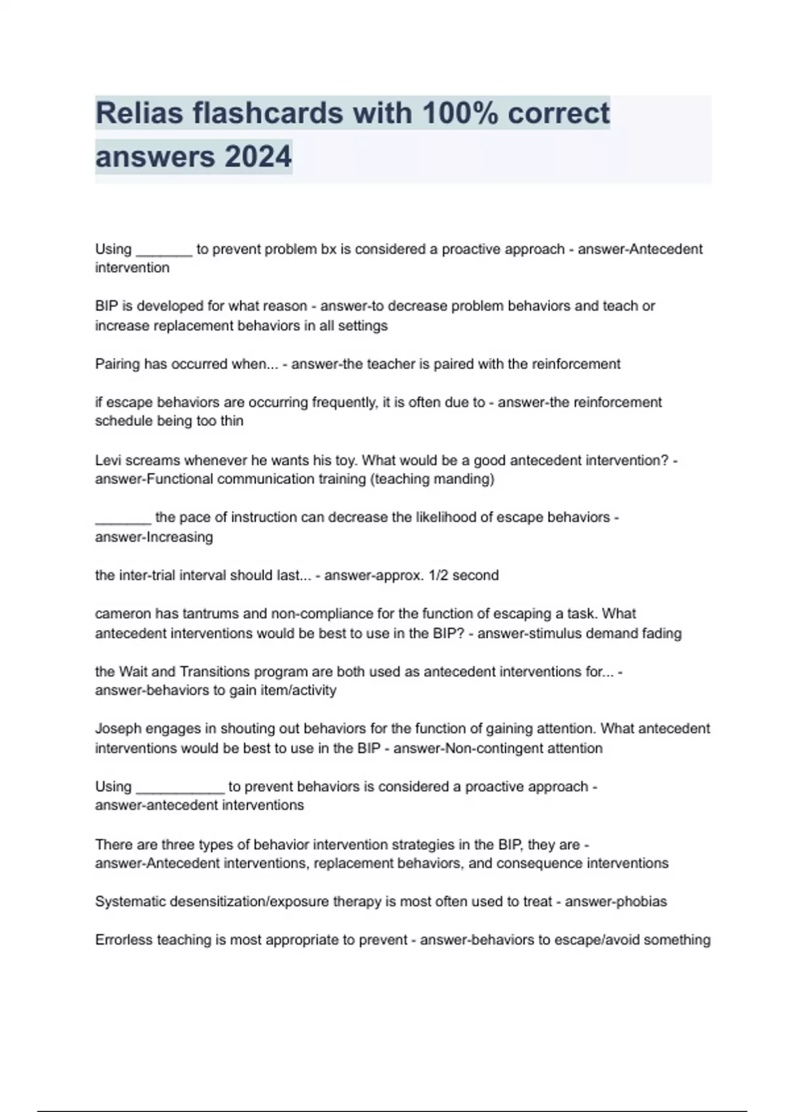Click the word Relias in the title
point(137,113)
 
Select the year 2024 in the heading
point(258,157)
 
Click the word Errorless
point(124,940)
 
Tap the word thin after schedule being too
point(232,421)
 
